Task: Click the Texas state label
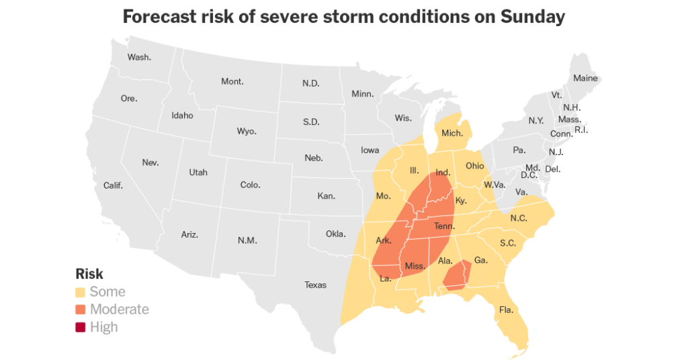click(315, 285)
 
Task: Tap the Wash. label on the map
click(139, 57)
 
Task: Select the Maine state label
click(585, 78)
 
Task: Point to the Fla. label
click(506, 310)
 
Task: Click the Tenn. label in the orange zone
click(444, 226)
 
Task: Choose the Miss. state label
click(415, 266)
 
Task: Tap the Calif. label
click(113, 185)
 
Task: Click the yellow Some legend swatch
click(81, 292)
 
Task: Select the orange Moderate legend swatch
click(81, 310)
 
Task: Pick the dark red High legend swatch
click(81, 327)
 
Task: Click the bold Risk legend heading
click(89, 274)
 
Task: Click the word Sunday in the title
click(533, 17)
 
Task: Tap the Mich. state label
click(452, 133)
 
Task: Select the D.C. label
click(529, 175)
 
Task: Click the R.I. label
click(581, 130)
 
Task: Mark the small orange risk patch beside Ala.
click(457, 277)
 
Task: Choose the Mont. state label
click(232, 81)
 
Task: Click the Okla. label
click(335, 234)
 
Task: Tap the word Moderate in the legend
click(120, 310)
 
